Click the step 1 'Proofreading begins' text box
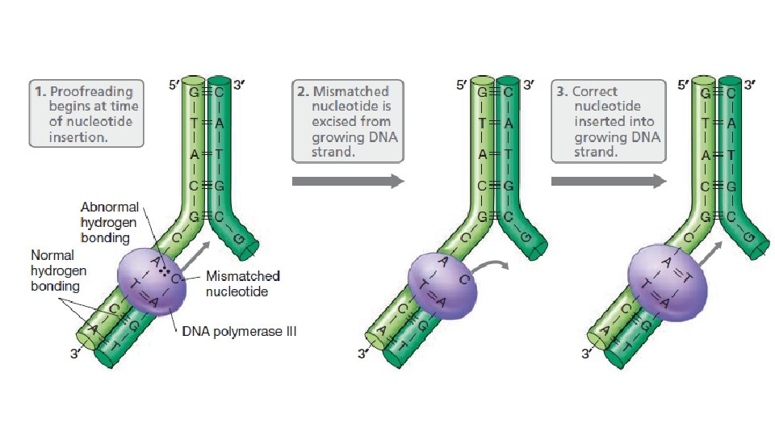tap(86, 112)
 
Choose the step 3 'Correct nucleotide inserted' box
tap(608, 120)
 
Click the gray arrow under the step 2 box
tap(347, 181)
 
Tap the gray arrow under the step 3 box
tap(608, 181)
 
